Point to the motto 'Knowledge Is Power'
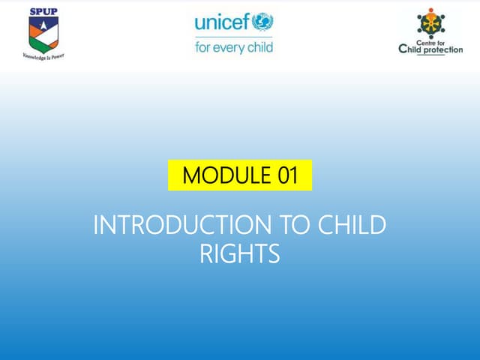pos(43,55)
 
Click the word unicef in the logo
pos(222,22)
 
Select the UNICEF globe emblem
pos(262,21)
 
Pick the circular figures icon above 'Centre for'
pos(430,23)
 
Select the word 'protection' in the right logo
pos(444,50)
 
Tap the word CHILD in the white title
pos(353,225)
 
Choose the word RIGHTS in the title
pos(240,253)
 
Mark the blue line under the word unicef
pos(233,37)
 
